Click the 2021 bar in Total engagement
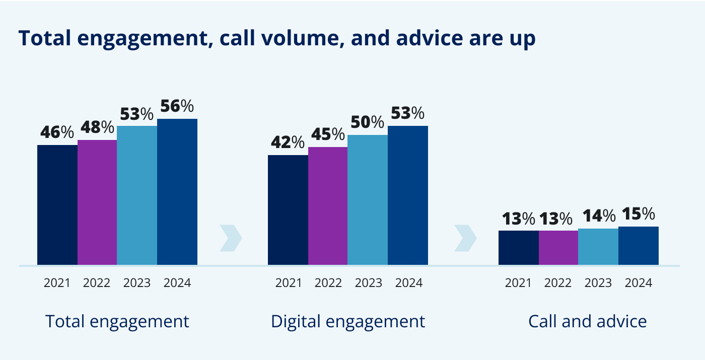pyautogui.click(x=57, y=205)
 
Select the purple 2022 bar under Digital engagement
pyautogui.click(x=328, y=206)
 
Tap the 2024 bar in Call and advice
pyautogui.click(x=639, y=246)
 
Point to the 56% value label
pyautogui.click(x=177, y=107)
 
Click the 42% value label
pyautogui.click(x=287, y=143)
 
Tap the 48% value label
pyautogui.click(x=97, y=128)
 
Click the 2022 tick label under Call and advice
pyautogui.click(x=558, y=283)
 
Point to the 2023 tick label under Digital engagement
pyautogui.click(x=369, y=283)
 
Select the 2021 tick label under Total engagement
pyautogui.click(x=57, y=283)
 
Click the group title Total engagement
pyautogui.click(x=117, y=321)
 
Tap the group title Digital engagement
pyautogui.click(x=348, y=321)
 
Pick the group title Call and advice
pyautogui.click(x=587, y=321)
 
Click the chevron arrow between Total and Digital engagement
pyautogui.click(x=231, y=238)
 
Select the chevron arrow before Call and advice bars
pyautogui.click(x=465, y=238)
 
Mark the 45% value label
pyautogui.click(x=327, y=135)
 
